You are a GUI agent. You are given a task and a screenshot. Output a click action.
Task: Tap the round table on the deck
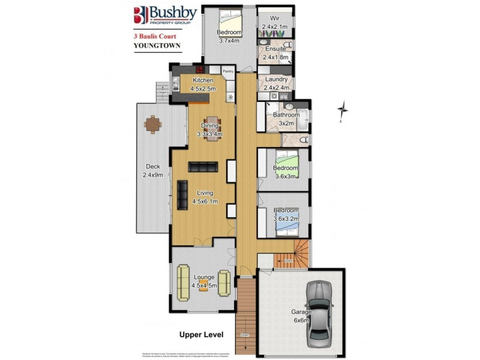click(152, 125)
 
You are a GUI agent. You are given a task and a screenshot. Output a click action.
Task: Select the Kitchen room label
click(202, 80)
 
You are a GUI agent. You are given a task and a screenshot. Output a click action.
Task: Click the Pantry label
click(228, 71)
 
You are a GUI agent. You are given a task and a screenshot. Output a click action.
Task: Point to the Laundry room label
click(276, 80)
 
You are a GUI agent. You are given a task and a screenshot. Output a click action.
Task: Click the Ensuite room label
click(275, 49)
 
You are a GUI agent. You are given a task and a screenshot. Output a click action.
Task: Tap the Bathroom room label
click(286, 115)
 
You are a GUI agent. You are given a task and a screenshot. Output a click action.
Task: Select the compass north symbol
click(343, 110)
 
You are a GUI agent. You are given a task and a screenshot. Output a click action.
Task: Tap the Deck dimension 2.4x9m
click(153, 175)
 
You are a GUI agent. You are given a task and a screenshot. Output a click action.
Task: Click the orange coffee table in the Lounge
click(203, 281)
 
